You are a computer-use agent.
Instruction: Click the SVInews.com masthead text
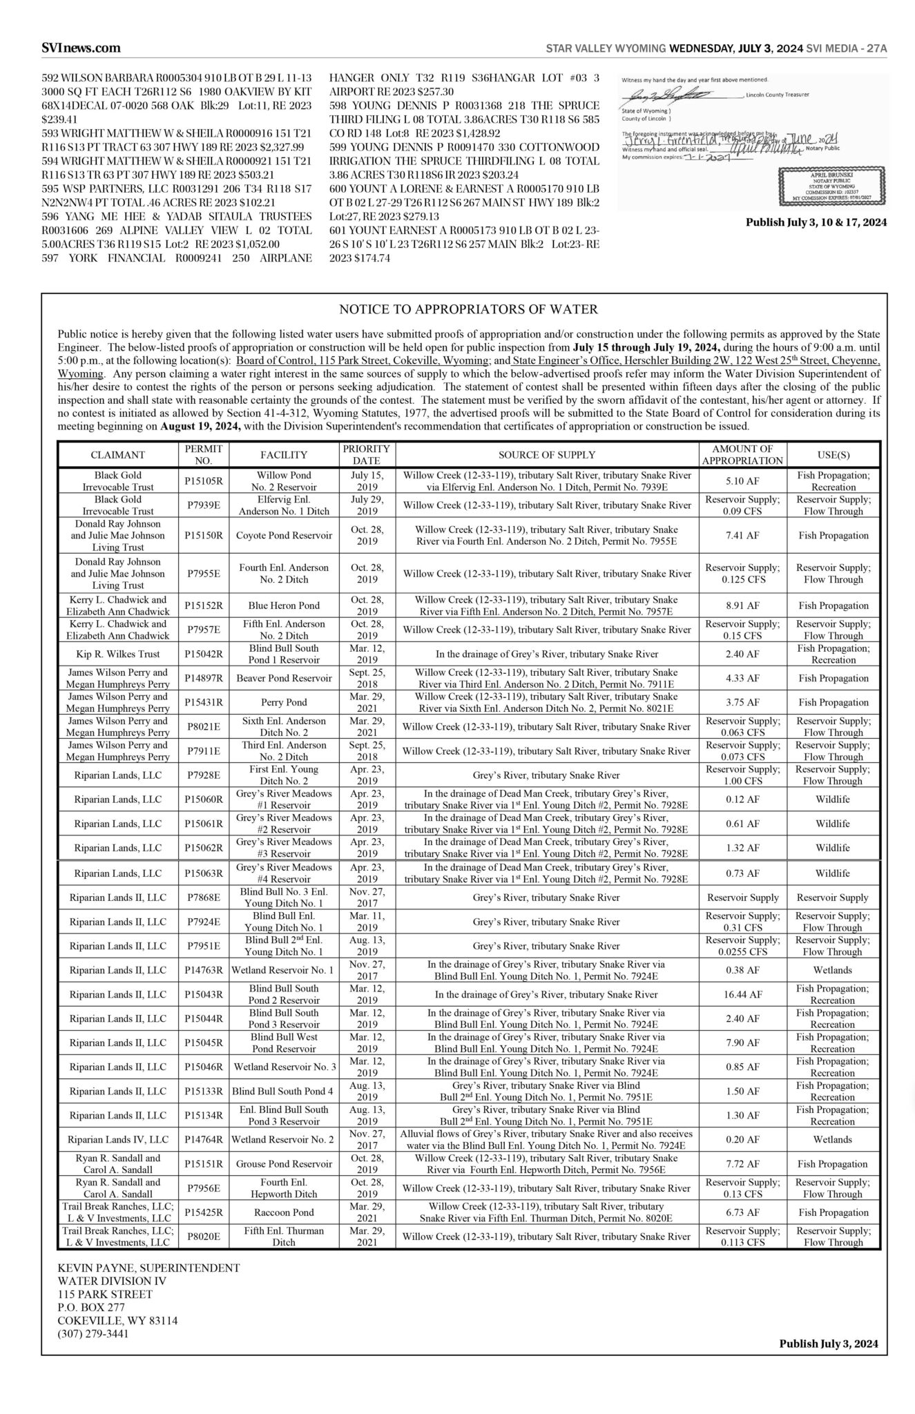[81, 48]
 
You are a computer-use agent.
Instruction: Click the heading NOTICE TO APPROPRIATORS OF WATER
[468, 309]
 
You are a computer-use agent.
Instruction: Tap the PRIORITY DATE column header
[366, 454]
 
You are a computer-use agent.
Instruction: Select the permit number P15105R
[203, 481]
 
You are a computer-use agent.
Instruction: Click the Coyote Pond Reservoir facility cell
[285, 535]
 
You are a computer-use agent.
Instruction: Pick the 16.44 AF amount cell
[742, 994]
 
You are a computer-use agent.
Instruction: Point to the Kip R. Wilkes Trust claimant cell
[117, 654]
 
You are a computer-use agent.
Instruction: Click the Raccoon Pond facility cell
[285, 1212]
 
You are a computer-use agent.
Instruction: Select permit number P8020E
[203, 1236]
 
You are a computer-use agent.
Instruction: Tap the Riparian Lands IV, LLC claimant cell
[117, 1139]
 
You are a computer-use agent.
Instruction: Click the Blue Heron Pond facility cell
[285, 606]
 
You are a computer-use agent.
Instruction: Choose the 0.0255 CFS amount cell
[742, 946]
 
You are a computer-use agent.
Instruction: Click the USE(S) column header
[833, 455]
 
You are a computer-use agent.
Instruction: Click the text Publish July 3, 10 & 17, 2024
[816, 223]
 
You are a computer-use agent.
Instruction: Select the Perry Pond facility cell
[285, 702]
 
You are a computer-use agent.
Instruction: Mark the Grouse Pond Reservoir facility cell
[285, 1163]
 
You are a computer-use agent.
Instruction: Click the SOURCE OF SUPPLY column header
[547, 455]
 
